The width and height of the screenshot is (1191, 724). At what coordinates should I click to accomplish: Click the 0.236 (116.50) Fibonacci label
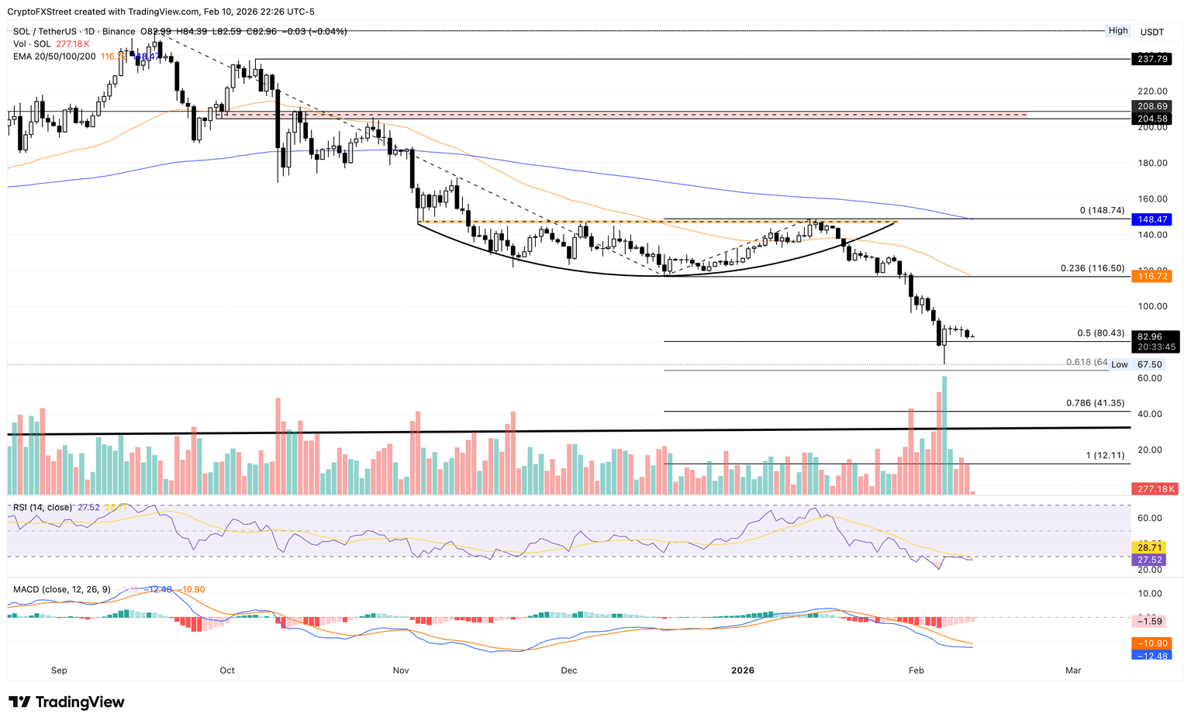pyautogui.click(x=1092, y=268)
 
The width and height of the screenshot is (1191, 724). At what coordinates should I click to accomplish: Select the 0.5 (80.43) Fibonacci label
pyautogui.click(x=1100, y=333)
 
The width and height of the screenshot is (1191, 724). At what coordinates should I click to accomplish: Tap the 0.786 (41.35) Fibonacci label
pyautogui.click(x=1095, y=403)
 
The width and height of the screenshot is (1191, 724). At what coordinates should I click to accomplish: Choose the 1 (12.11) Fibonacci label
pyautogui.click(x=1105, y=455)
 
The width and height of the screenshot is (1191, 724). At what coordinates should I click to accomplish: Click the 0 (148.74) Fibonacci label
pyautogui.click(x=1102, y=211)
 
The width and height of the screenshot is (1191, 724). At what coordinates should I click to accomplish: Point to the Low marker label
pyautogui.click(x=1119, y=364)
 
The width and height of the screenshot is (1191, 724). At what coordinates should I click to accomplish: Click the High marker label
pyautogui.click(x=1118, y=31)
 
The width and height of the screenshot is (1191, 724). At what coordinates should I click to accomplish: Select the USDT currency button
pyautogui.click(x=1151, y=32)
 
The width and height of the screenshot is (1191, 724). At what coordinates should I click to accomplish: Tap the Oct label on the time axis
pyautogui.click(x=227, y=671)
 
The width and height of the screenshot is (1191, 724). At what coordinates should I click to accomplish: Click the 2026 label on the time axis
pyautogui.click(x=743, y=671)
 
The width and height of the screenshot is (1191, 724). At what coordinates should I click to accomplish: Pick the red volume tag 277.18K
pyautogui.click(x=1155, y=489)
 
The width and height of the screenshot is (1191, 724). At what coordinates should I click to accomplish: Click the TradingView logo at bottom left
pyautogui.click(x=67, y=702)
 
